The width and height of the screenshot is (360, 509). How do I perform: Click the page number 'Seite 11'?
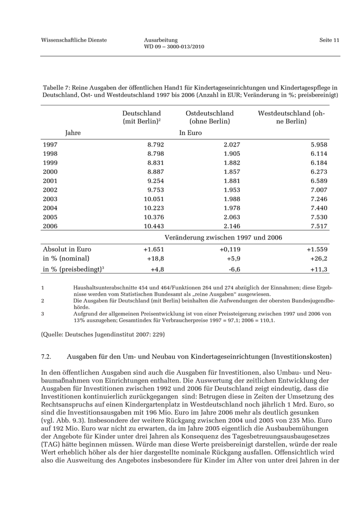(329, 40)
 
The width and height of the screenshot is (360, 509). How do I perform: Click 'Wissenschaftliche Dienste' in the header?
(74, 40)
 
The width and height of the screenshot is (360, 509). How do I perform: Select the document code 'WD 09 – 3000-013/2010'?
(174, 47)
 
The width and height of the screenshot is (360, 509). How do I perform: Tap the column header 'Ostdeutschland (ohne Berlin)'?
(209, 117)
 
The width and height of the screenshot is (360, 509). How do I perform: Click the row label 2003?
(50, 199)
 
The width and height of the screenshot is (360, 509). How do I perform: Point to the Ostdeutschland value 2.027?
(230, 145)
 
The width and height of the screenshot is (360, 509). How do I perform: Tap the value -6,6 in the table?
(234, 269)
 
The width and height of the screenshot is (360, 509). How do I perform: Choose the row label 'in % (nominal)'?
(66, 259)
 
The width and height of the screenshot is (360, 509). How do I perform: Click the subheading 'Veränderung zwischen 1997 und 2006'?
(223, 238)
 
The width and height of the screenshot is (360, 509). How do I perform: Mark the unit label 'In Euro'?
(190, 133)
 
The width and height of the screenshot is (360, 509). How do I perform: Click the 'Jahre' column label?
(73, 133)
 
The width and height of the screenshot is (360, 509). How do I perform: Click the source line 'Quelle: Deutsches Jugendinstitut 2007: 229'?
(103, 334)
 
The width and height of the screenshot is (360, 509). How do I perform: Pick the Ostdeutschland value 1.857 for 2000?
(230, 172)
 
